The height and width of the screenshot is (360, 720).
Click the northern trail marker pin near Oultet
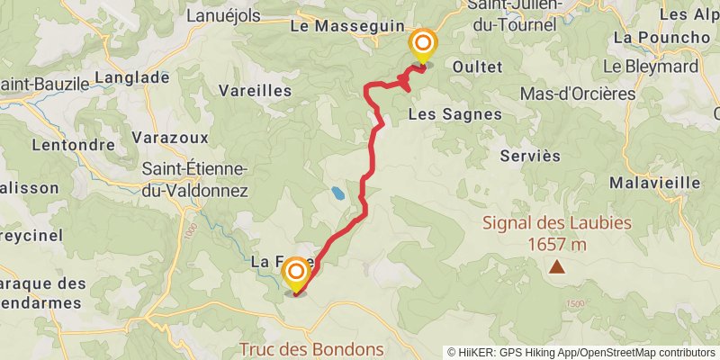click(x=422, y=45)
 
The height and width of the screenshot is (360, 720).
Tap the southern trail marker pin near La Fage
click(x=294, y=274)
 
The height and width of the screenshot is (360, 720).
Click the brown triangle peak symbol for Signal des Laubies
click(x=558, y=266)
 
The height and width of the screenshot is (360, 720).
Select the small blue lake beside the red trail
click(x=336, y=193)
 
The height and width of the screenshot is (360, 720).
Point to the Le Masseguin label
click(x=346, y=27)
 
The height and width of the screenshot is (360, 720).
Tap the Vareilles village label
click(x=256, y=91)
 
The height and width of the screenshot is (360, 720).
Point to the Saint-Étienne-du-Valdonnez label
click(x=194, y=179)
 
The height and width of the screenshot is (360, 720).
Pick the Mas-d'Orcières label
click(x=578, y=94)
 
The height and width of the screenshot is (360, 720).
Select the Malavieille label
click(x=654, y=182)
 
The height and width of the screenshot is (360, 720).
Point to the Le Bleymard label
click(x=651, y=66)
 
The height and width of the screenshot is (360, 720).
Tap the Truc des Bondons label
click(x=311, y=349)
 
